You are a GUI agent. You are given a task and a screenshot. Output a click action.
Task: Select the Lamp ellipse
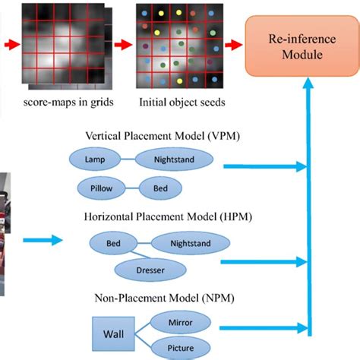pyautogui.click(x=96, y=160)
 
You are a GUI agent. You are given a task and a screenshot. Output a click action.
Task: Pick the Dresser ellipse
pyautogui.click(x=150, y=270)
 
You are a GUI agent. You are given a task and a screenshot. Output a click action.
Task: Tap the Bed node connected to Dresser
pyautogui.click(x=112, y=243)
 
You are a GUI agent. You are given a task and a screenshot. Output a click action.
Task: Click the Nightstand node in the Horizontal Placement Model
pyautogui.click(x=186, y=243)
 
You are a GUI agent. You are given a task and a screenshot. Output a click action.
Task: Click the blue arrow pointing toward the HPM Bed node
pyautogui.click(x=46, y=241)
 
